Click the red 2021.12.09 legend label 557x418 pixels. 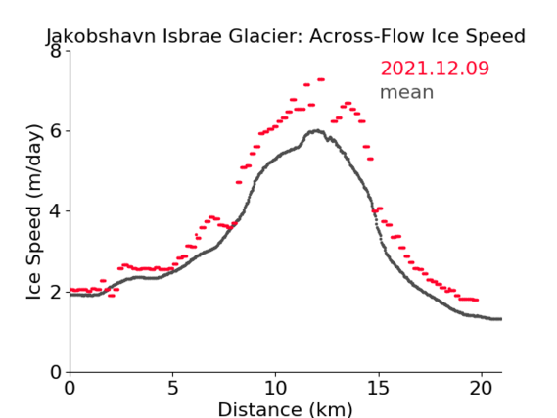click(x=435, y=69)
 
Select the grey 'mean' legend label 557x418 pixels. click(x=407, y=92)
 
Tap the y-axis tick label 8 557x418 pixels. click(x=55, y=52)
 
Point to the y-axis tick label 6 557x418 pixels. click(x=55, y=131)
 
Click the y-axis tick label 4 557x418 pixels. click(x=55, y=211)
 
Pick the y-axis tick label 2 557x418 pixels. click(x=55, y=292)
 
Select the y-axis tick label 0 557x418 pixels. click(x=55, y=372)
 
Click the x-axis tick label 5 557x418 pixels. click(x=172, y=388)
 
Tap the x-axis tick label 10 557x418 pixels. click(x=275, y=388)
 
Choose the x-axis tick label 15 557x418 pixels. click(x=378, y=388)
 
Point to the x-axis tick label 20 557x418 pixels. click(x=481, y=388)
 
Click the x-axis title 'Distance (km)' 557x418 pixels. click(x=285, y=409)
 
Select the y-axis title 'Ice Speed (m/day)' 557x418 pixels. click(x=34, y=211)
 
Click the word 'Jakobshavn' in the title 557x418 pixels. click(x=101, y=36)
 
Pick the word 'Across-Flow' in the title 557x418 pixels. click(x=367, y=36)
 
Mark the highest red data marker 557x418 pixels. click(x=321, y=79)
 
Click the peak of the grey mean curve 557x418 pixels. click(x=317, y=131)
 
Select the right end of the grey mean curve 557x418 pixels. click(x=501, y=319)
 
